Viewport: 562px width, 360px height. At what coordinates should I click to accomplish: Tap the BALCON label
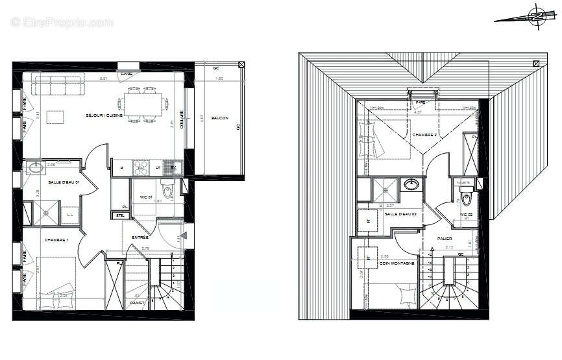point(219,117)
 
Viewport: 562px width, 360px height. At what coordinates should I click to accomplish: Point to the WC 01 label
point(145,197)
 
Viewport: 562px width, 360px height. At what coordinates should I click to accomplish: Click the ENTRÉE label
point(140,237)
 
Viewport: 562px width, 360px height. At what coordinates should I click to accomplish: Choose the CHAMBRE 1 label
point(56,241)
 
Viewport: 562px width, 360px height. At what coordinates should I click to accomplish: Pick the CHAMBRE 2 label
point(425,134)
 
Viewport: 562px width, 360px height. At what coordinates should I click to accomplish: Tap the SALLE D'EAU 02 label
point(400,213)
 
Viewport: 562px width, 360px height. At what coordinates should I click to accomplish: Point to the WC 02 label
point(465,215)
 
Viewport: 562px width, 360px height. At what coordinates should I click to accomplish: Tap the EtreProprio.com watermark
point(62,23)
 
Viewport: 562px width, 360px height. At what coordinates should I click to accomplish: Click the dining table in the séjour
point(142,104)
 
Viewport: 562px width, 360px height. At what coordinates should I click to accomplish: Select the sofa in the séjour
point(58,85)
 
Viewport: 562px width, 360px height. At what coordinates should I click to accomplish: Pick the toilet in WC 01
point(167,193)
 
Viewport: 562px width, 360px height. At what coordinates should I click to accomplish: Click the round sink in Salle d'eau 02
point(411,184)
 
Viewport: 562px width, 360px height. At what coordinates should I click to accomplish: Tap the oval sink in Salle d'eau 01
point(34,169)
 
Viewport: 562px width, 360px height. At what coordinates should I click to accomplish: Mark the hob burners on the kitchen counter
point(141,168)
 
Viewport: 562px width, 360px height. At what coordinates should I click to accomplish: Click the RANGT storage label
point(136,303)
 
